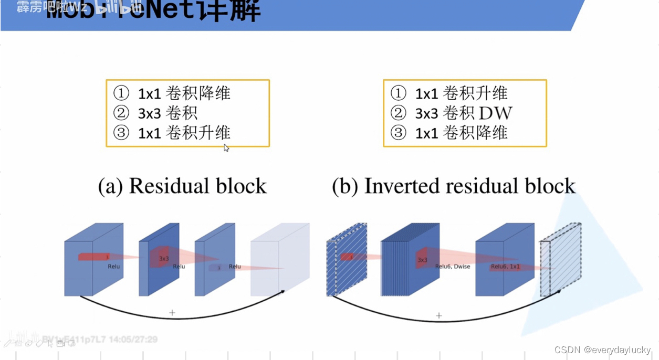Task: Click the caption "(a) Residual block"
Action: (182, 186)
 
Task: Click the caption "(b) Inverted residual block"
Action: (454, 186)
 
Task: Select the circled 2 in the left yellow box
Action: (121, 113)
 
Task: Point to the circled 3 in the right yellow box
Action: (399, 133)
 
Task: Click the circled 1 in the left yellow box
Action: (121, 93)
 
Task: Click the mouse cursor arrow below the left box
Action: (226, 148)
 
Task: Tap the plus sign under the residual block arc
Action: (172, 313)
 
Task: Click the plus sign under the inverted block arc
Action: (439, 315)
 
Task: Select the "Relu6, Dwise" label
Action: (453, 267)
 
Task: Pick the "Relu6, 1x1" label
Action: (505, 267)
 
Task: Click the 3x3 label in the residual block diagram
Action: (164, 259)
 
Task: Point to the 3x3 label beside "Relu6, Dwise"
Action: (422, 260)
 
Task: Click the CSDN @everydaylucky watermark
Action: (602, 350)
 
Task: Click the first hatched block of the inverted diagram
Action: (346, 260)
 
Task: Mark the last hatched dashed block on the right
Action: (560, 260)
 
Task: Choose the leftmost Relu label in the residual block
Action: (114, 267)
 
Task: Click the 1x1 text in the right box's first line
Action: (426, 93)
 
